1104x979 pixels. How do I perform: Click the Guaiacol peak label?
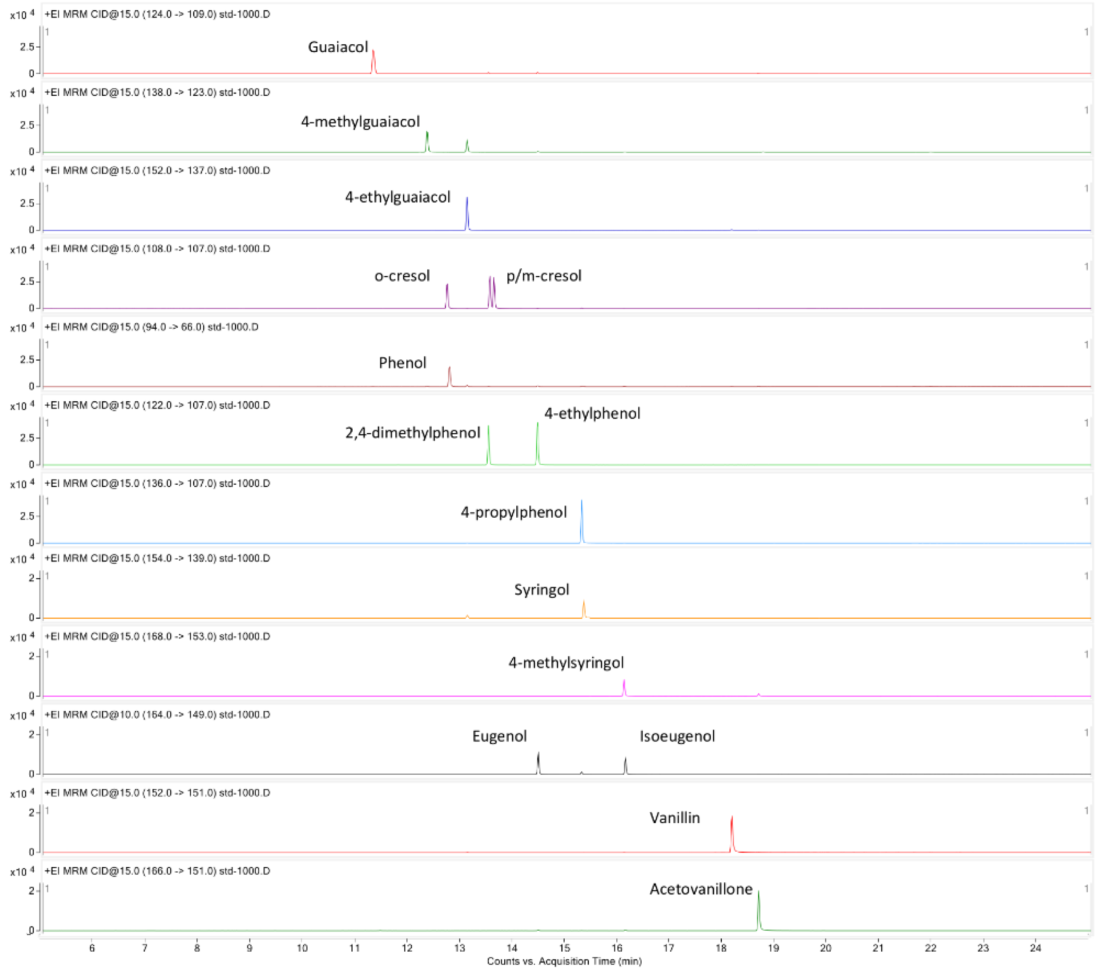click(338, 47)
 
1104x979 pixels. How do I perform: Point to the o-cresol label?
click(402, 276)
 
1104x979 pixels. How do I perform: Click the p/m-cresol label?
click(543, 276)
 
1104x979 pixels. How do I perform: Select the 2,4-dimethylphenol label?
click(413, 433)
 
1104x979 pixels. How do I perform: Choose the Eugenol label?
click(499, 736)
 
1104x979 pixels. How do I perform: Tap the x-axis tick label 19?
click(773, 948)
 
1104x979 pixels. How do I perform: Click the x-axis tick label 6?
click(92, 948)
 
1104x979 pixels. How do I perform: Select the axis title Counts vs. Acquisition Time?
click(564, 961)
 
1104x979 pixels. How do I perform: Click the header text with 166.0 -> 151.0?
click(157, 871)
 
